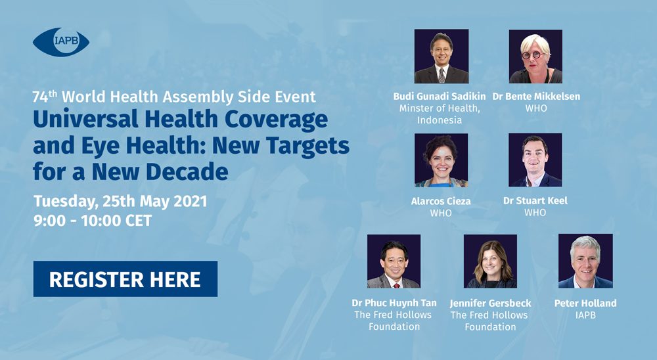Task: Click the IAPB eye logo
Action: click(x=61, y=42)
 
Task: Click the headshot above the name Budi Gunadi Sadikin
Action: click(x=442, y=56)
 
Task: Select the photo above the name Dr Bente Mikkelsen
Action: click(x=535, y=56)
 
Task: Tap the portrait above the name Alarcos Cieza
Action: click(x=442, y=160)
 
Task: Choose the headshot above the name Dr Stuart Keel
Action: click(x=535, y=160)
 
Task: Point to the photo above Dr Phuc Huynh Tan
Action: click(x=394, y=261)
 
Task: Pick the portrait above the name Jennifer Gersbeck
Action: click(x=490, y=261)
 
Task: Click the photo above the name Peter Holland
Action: click(x=585, y=261)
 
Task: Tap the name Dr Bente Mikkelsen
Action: click(x=536, y=97)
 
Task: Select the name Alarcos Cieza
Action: click(x=441, y=201)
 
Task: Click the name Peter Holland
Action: click(x=585, y=303)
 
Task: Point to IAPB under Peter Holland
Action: click(x=585, y=315)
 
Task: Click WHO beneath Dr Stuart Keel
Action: click(x=535, y=212)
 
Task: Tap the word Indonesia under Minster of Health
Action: click(x=439, y=120)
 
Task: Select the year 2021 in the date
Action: click(x=191, y=201)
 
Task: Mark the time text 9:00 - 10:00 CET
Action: click(x=93, y=221)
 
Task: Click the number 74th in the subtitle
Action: click(x=45, y=97)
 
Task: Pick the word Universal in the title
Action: click(x=86, y=120)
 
